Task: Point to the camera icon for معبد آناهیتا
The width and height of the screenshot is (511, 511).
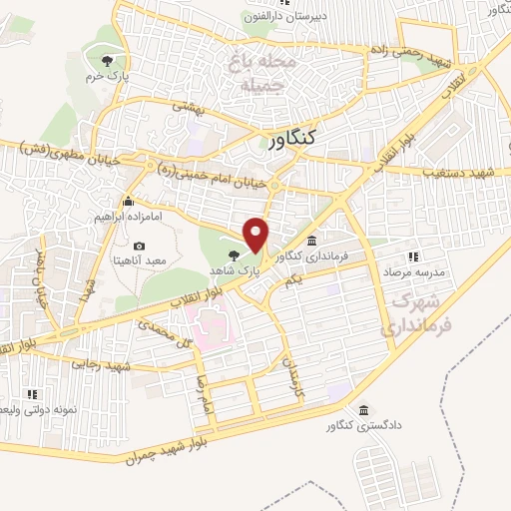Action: tap(138, 246)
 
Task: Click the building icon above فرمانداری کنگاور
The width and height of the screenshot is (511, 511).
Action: tap(314, 241)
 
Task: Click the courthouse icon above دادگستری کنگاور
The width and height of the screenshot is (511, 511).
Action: tap(361, 411)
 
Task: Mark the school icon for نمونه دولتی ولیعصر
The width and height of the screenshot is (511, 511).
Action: tap(31, 395)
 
